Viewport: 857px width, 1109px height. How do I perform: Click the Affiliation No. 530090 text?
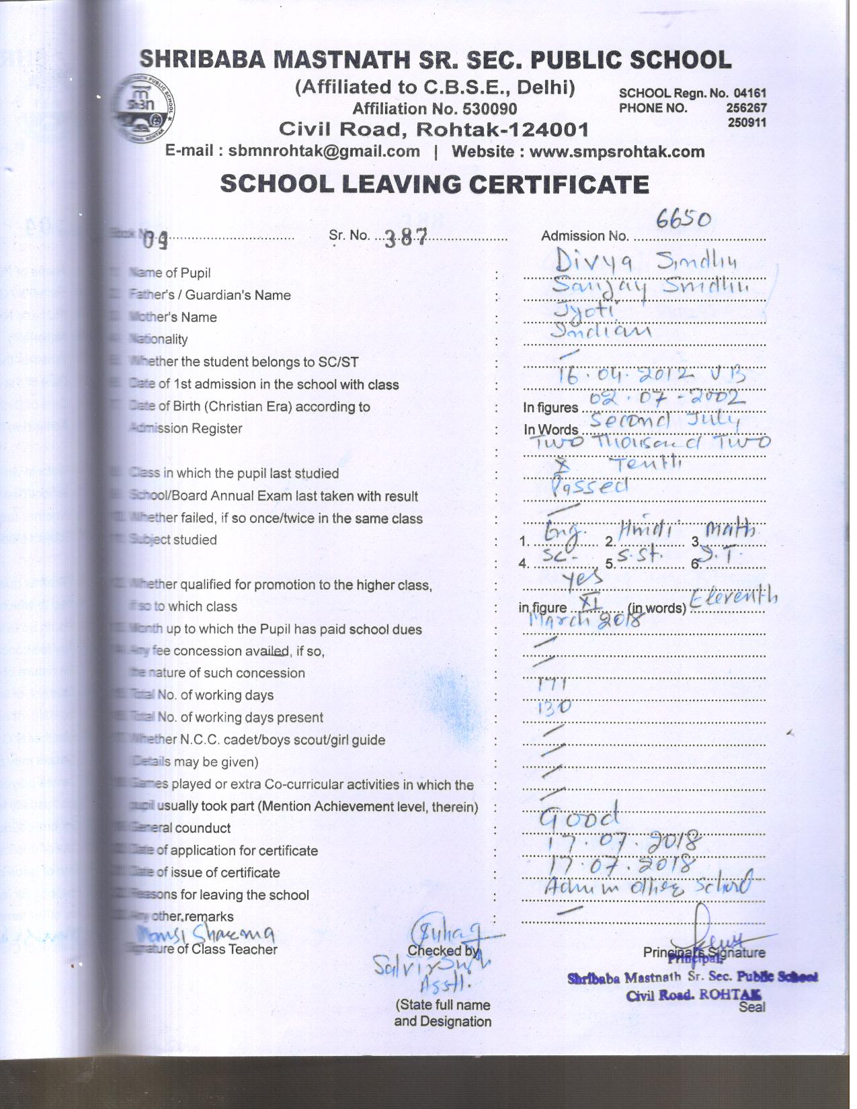pyautogui.click(x=434, y=109)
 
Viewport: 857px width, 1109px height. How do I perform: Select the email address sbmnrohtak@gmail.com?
pyautogui.click(x=324, y=151)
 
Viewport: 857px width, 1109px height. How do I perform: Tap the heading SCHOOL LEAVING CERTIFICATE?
pyautogui.click(x=434, y=184)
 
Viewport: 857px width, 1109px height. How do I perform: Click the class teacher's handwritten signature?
pyautogui.click(x=206, y=934)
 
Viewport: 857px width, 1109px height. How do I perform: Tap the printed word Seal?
pyautogui.click(x=751, y=1007)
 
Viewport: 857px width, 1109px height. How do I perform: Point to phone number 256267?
pyautogui.click(x=746, y=108)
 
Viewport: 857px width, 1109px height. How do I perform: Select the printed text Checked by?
pyautogui.click(x=443, y=950)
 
